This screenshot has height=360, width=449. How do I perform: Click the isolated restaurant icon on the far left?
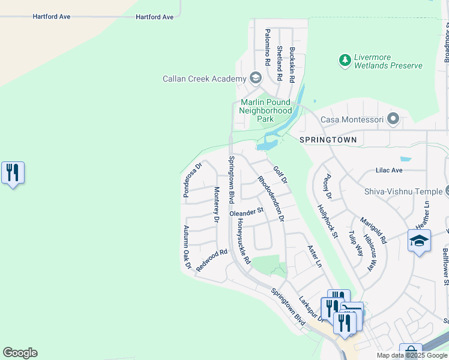point(13,173)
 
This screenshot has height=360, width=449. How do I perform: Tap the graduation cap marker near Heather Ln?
point(419,241)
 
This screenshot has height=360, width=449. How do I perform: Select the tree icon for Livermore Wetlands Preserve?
point(345,60)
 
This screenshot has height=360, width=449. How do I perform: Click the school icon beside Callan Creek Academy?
point(256,78)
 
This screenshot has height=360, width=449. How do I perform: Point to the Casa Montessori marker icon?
point(394,119)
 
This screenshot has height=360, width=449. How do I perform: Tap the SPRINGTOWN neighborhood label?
point(328,140)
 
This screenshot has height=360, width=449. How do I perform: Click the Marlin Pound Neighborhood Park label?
point(265,110)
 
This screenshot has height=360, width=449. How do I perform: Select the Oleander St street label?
point(247,212)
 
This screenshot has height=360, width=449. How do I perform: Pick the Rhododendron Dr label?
point(271,199)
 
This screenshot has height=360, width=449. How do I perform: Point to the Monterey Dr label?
point(216,205)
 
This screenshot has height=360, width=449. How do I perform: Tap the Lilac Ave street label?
point(389,170)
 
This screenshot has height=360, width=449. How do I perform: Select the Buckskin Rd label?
point(292,64)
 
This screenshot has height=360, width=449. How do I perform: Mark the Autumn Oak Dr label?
point(187,247)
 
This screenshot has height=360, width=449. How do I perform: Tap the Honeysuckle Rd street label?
point(243,240)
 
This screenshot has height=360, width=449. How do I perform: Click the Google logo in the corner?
point(20,353)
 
